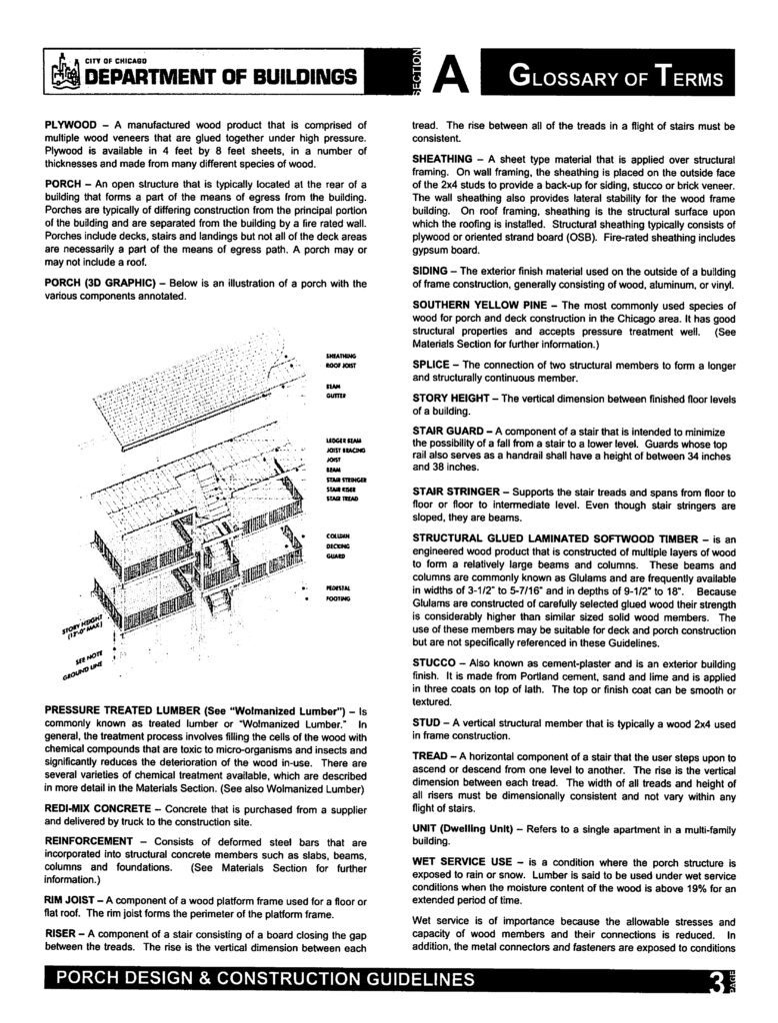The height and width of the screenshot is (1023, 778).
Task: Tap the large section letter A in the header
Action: click(x=451, y=75)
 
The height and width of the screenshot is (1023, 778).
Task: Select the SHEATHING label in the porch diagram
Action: click(x=340, y=355)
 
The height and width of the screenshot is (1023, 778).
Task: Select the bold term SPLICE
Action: click(x=433, y=364)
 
